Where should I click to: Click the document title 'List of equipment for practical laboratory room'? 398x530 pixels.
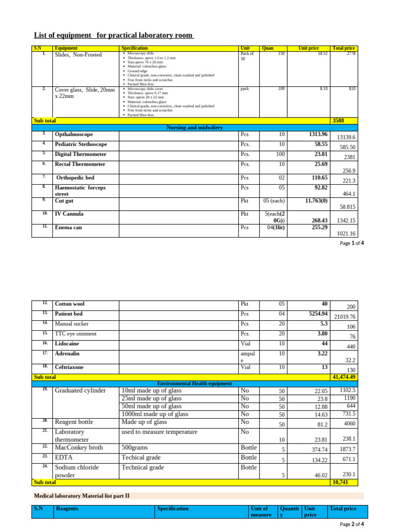(x=114, y=35)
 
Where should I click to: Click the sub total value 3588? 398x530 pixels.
(x=338, y=121)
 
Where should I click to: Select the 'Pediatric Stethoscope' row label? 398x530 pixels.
(x=81, y=144)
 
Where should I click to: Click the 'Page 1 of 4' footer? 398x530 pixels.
(x=352, y=243)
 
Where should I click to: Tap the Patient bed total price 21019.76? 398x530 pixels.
(x=345, y=317)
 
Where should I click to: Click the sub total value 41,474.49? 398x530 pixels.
(x=345, y=377)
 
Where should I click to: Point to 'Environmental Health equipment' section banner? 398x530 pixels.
(x=194, y=384)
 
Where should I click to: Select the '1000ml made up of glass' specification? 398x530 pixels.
(x=155, y=414)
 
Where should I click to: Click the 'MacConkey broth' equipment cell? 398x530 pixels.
(x=79, y=447)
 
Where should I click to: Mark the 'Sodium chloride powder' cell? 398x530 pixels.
(x=77, y=471)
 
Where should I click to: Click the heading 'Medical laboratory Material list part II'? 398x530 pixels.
(x=81, y=495)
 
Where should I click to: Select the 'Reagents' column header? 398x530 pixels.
(x=67, y=508)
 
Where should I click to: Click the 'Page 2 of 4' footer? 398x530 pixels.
(x=352, y=524)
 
